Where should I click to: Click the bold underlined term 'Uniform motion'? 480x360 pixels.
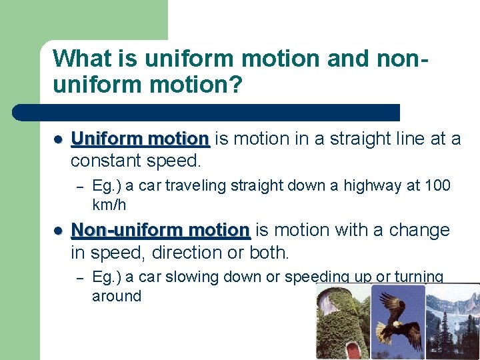click(x=140, y=139)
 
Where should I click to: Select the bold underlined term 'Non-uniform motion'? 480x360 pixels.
click(x=160, y=231)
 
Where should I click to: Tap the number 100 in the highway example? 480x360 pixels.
click(x=437, y=186)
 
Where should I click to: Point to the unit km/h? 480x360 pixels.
click(x=109, y=205)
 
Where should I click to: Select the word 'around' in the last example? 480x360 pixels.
click(x=117, y=296)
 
